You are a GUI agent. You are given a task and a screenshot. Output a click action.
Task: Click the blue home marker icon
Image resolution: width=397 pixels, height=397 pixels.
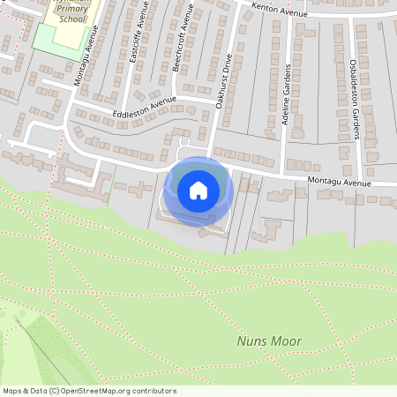[x=198, y=190]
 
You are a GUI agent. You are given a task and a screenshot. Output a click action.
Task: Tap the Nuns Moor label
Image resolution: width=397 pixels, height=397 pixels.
[x=269, y=341]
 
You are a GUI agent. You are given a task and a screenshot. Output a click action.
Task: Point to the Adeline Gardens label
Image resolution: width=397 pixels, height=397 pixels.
[x=286, y=94]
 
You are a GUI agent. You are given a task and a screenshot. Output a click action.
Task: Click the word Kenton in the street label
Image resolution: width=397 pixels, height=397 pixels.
[x=266, y=6]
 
